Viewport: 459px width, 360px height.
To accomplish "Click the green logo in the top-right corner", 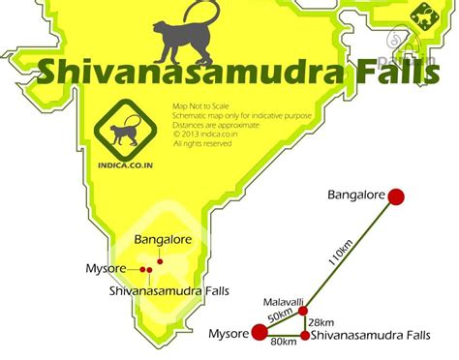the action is click(x=426, y=16).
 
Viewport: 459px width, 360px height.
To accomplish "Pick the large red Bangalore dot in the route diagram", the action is click(x=395, y=197).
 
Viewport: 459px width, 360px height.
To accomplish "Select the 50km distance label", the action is click(x=280, y=315).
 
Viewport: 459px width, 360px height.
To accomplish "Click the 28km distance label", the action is click(x=320, y=320).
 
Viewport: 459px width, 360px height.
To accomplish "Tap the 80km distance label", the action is click(x=283, y=342).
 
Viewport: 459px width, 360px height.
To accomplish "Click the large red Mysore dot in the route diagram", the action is click(x=259, y=333).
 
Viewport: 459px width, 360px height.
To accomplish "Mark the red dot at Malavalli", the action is click(x=304, y=311).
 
